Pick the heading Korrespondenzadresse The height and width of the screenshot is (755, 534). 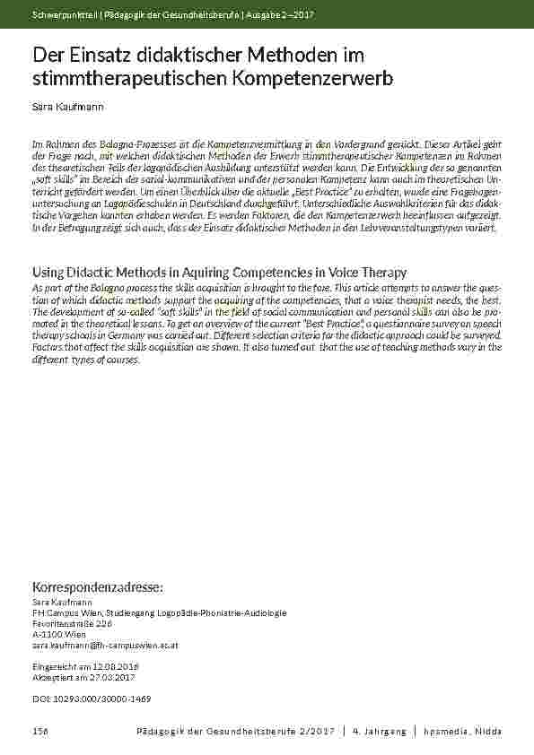coord(98,586)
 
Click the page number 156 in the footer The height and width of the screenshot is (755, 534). coord(39,732)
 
